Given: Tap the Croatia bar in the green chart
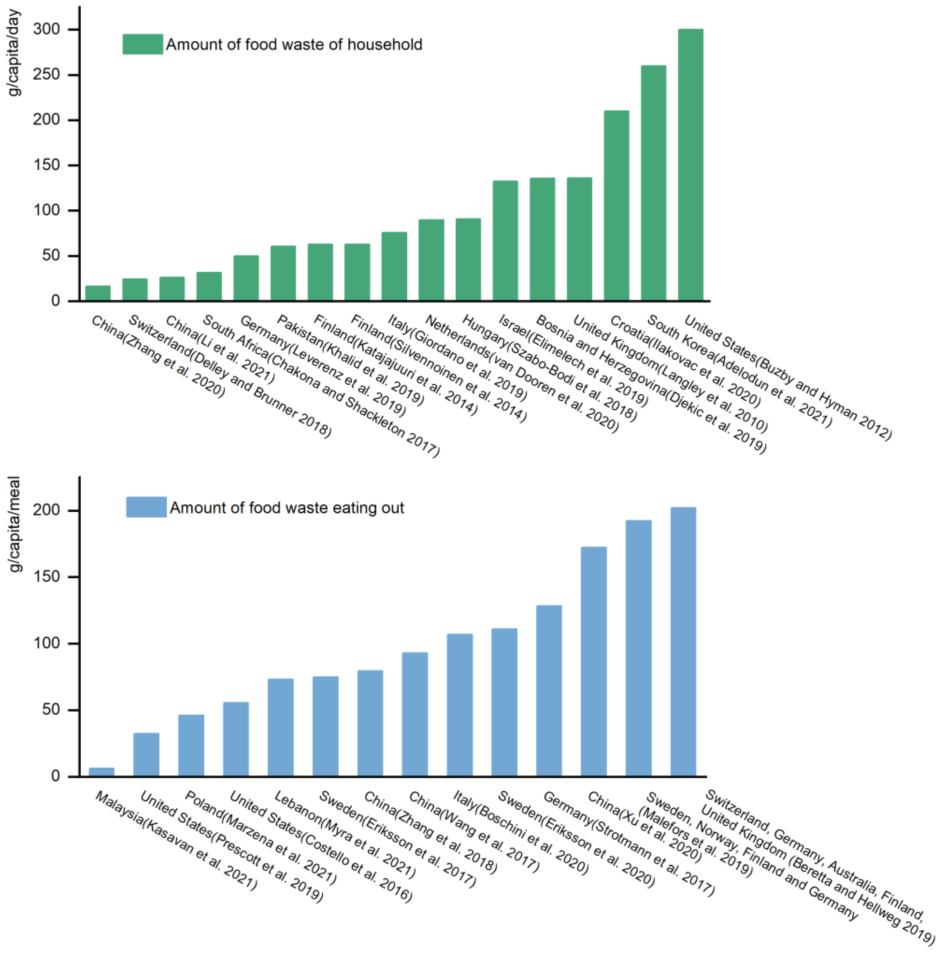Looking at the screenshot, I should point(616,205).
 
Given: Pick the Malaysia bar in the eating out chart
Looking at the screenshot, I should point(102,772).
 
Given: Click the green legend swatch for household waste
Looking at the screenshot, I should point(143,44).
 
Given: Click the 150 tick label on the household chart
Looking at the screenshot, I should point(46,165).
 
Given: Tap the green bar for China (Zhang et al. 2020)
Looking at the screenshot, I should point(98,293).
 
